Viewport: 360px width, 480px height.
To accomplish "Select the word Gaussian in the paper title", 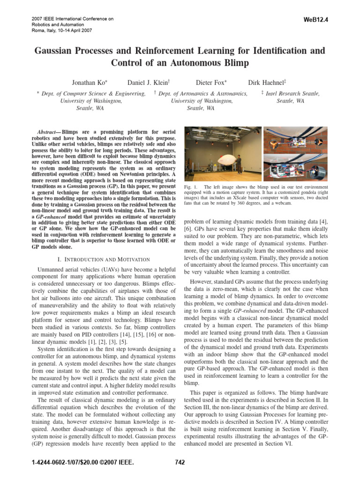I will click(54, 50).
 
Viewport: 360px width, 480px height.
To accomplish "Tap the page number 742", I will click(180, 462).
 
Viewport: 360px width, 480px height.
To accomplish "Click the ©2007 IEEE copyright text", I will click(113, 463).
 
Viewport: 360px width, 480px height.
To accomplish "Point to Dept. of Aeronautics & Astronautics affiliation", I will click(203, 94).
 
